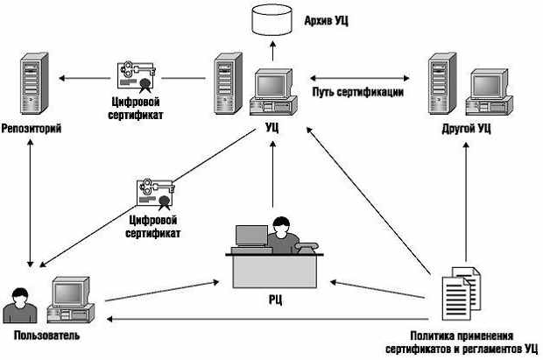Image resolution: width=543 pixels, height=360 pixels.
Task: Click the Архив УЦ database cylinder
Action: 271,19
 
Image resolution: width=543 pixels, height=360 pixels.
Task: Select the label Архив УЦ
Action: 326,21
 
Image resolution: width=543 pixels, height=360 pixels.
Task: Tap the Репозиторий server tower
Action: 34,83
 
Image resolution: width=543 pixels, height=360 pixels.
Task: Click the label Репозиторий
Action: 32,129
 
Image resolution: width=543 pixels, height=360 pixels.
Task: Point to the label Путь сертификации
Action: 357,92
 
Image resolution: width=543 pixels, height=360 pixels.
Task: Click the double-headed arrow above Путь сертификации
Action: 360,78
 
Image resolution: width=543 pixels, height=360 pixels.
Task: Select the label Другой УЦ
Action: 466,129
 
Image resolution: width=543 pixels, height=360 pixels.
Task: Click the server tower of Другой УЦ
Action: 442,83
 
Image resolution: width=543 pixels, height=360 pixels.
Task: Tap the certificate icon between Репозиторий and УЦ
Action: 136,77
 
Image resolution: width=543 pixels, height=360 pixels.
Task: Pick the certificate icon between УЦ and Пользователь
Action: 156,194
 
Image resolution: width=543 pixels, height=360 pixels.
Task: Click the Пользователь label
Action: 46,335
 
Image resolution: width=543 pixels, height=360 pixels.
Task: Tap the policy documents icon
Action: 462,293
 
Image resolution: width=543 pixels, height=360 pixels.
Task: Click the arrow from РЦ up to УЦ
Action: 273,174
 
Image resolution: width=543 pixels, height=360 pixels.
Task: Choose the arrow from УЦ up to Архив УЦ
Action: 273,51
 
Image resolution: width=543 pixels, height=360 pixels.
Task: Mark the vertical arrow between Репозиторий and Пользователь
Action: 31,203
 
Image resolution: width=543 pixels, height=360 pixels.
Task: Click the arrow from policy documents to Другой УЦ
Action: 466,202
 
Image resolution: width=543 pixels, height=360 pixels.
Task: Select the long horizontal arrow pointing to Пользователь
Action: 268,319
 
